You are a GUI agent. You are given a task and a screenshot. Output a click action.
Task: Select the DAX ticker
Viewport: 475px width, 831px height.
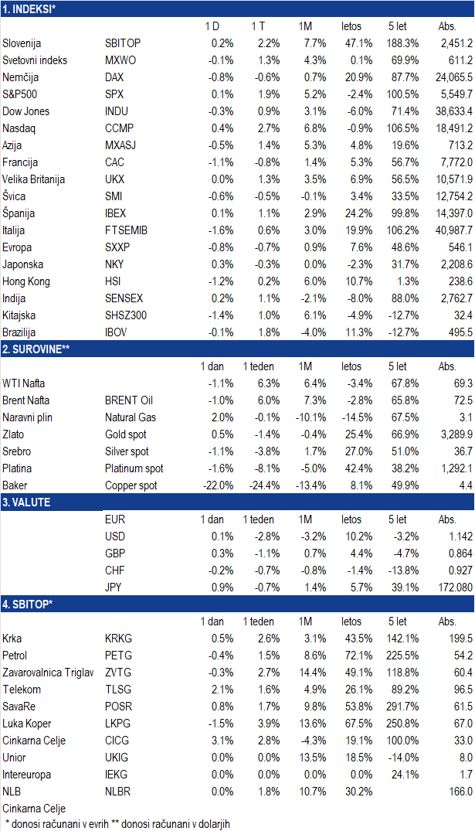point(114,77)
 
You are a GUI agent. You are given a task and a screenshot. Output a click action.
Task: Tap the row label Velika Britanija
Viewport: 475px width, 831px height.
point(33,179)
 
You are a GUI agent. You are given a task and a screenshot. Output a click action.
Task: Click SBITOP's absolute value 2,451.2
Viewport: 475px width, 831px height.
point(456,43)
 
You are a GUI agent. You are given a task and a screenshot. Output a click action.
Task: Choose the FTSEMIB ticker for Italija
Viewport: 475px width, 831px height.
point(126,230)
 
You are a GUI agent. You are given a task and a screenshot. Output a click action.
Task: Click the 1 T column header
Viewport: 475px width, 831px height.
point(258,26)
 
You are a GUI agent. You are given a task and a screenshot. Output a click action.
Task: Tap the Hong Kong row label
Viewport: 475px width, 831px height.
point(26,281)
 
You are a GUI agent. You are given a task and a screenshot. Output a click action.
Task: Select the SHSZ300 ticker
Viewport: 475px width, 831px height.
point(126,315)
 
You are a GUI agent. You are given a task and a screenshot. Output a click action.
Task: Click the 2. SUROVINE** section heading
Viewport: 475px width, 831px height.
point(36,349)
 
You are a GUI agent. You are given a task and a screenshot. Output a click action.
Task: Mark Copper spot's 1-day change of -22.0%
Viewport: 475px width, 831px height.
point(218,485)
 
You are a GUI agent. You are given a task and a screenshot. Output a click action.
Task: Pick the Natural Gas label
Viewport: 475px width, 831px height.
point(131,417)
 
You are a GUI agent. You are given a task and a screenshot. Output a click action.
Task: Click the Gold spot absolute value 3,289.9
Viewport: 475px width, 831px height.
point(456,434)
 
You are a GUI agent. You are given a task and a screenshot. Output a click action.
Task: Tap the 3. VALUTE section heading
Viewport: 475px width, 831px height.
point(26,502)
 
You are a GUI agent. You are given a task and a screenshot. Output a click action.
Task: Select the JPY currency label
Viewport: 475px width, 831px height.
point(114,587)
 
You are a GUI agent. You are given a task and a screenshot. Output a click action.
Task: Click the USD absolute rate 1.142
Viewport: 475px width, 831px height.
point(460,536)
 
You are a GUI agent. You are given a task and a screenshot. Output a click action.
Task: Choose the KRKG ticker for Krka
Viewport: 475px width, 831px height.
point(118,639)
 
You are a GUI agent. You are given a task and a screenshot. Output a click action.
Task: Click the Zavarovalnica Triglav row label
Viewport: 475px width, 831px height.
point(48,673)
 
